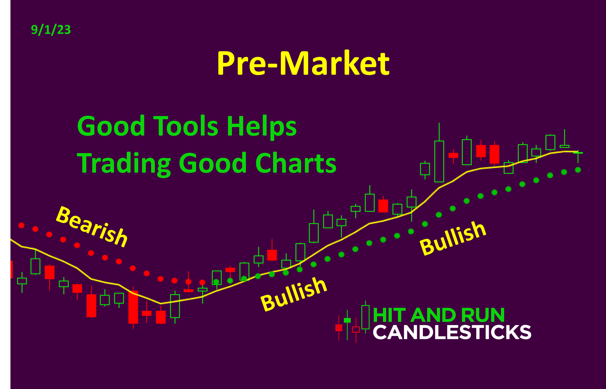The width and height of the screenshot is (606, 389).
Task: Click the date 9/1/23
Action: [x=51, y=30]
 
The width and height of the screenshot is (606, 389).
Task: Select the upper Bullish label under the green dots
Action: [x=453, y=238]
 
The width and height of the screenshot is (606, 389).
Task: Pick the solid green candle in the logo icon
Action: [x=347, y=320]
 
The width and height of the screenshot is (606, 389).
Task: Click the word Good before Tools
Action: [x=111, y=126]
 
